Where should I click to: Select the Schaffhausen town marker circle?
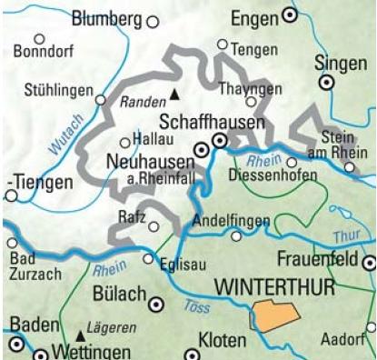[x=219, y=141]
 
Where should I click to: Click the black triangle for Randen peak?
[x=175, y=94]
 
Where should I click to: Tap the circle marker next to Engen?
[x=291, y=15]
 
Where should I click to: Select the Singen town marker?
[x=326, y=82]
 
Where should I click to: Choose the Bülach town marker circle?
[x=156, y=305]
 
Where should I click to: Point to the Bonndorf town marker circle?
[x=39, y=39]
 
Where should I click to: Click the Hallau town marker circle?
[x=125, y=142]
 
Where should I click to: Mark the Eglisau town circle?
[x=148, y=259]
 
